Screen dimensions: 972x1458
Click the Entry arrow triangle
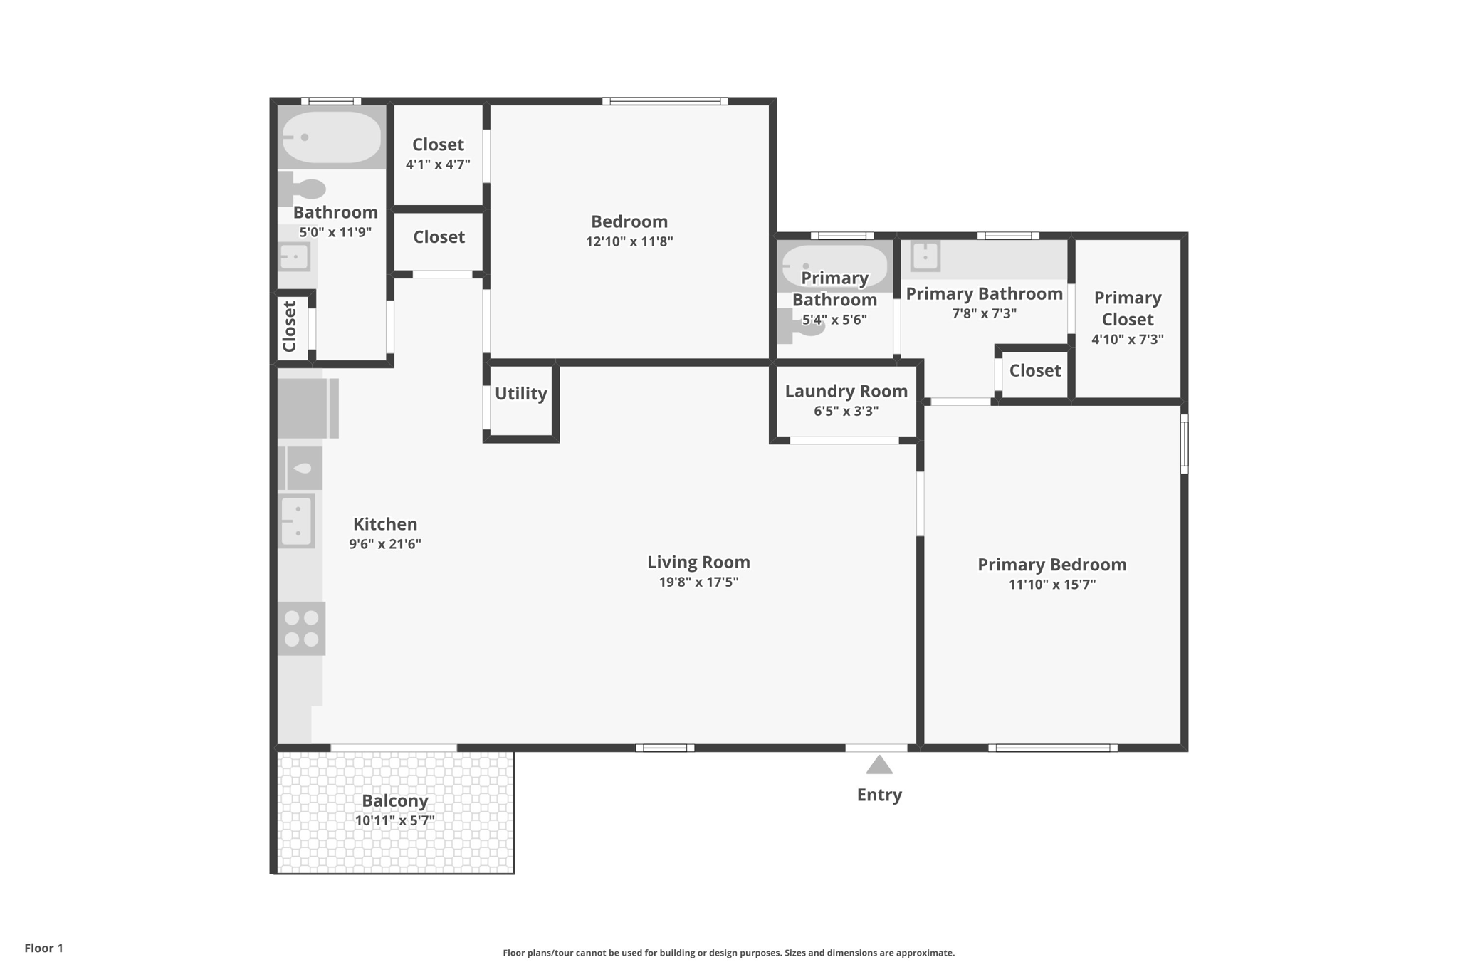point(879,765)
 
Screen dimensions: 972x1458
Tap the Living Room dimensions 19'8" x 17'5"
point(698,582)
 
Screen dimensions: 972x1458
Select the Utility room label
point(520,394)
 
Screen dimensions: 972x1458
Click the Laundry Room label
point(846,391)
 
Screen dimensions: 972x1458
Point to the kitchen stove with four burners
point(301,629)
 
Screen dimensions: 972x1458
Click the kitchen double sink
point(296,521)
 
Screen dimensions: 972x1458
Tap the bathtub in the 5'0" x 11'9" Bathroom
point(330,137)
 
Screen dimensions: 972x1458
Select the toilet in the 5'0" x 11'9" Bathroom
point(302,189)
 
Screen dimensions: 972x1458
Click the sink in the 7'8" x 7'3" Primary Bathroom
point(925,256)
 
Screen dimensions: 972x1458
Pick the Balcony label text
point(394,801)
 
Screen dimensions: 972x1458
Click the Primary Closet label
point(1127,308)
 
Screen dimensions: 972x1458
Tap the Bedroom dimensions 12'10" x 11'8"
point(629,241)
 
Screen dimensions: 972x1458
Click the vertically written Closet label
point(290,327)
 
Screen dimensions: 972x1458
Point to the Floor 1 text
point(43,948)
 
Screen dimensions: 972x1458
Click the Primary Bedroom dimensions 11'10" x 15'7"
point(1051,585)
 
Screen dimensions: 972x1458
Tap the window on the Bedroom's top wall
point(664,101)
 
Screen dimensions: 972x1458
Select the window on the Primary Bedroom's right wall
point(1184,444)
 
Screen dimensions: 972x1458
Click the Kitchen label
point(385,524)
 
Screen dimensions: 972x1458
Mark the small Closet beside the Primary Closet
point(1034,370)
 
